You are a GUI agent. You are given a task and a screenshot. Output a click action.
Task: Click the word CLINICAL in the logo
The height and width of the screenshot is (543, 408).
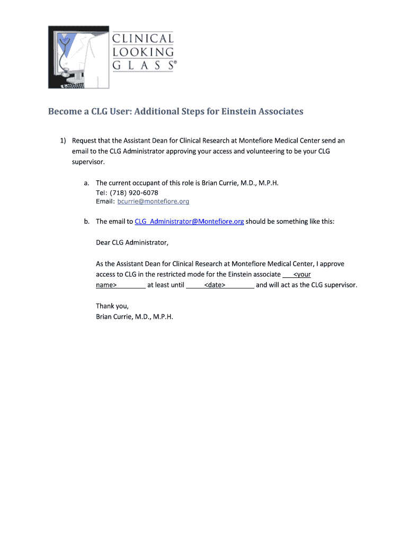pos(143,39)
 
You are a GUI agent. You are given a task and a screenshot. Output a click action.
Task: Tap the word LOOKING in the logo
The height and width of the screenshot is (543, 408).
pos(143,52)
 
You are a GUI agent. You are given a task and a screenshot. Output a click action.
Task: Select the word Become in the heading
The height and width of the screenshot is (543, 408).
pos(65,111)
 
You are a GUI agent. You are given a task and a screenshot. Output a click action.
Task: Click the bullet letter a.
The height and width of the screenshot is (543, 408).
pos(86,183)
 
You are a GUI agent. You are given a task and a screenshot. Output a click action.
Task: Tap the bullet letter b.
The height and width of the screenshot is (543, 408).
pos(86,221)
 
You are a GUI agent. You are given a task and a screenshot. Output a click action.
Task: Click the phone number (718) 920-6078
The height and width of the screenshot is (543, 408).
pos(135,192)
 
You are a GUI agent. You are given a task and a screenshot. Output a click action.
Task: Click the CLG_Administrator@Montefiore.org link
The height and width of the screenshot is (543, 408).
pos(189,221)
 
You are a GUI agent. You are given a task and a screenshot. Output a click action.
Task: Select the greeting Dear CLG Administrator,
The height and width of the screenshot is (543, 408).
pos(132,243)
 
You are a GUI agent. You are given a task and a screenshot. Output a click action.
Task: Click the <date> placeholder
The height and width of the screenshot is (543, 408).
pos(215,285)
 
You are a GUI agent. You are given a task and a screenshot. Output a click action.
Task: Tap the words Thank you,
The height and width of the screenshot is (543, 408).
pos(112,306)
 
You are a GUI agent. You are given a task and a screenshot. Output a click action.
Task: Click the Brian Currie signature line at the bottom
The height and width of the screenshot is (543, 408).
pos(135,317)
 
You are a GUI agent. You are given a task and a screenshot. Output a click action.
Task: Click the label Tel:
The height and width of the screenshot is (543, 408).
pos(102,192)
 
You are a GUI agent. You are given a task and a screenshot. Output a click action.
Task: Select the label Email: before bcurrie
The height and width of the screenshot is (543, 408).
pos(105,202)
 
